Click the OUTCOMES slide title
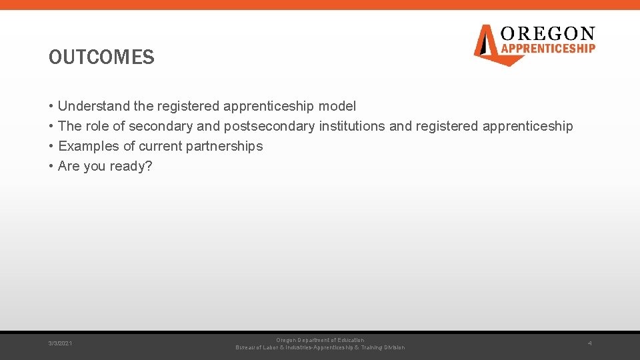click(x=101, y=57)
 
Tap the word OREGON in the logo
click(x=547, y=34)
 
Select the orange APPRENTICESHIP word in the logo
click(x=547, y=48)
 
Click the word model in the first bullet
click(x=337, y=106)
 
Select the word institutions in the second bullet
click(x=352, y=126)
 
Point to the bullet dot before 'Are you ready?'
click(x=51, y=166)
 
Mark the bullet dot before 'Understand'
click(x=51, y=106)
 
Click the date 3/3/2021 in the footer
click(x=61, y=343)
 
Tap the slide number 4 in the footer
click(x=589, y=343)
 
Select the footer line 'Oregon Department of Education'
click(x=320, y=340)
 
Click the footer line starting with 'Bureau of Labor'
click(x=320, y=347)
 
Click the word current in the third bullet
click(x=161, y=146)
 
